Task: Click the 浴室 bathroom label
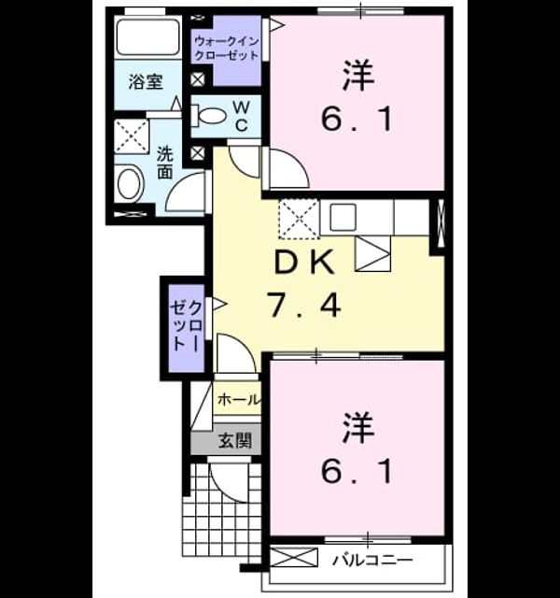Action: (x=146, y=82)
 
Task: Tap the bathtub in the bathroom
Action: (x=147, y=37)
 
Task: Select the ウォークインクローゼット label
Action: (x=227, y=49)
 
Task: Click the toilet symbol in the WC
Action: (x=209, y=116)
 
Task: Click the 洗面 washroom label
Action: (x=165, y=163)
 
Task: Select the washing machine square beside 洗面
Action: (x=132, y=136)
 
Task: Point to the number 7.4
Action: (x=304, y=305)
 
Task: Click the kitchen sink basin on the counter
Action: (x=343, y=217)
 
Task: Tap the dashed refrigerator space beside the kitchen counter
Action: (x=299, y=219)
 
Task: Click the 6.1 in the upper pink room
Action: (x=357, y=120)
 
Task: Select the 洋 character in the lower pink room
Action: (x=358, y=428)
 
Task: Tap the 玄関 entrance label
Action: (x=235, y=440)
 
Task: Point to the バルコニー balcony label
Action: (x=372, y=561)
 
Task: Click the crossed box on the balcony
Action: (x=294, y=557)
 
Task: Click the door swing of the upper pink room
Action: (x=289, y=168)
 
